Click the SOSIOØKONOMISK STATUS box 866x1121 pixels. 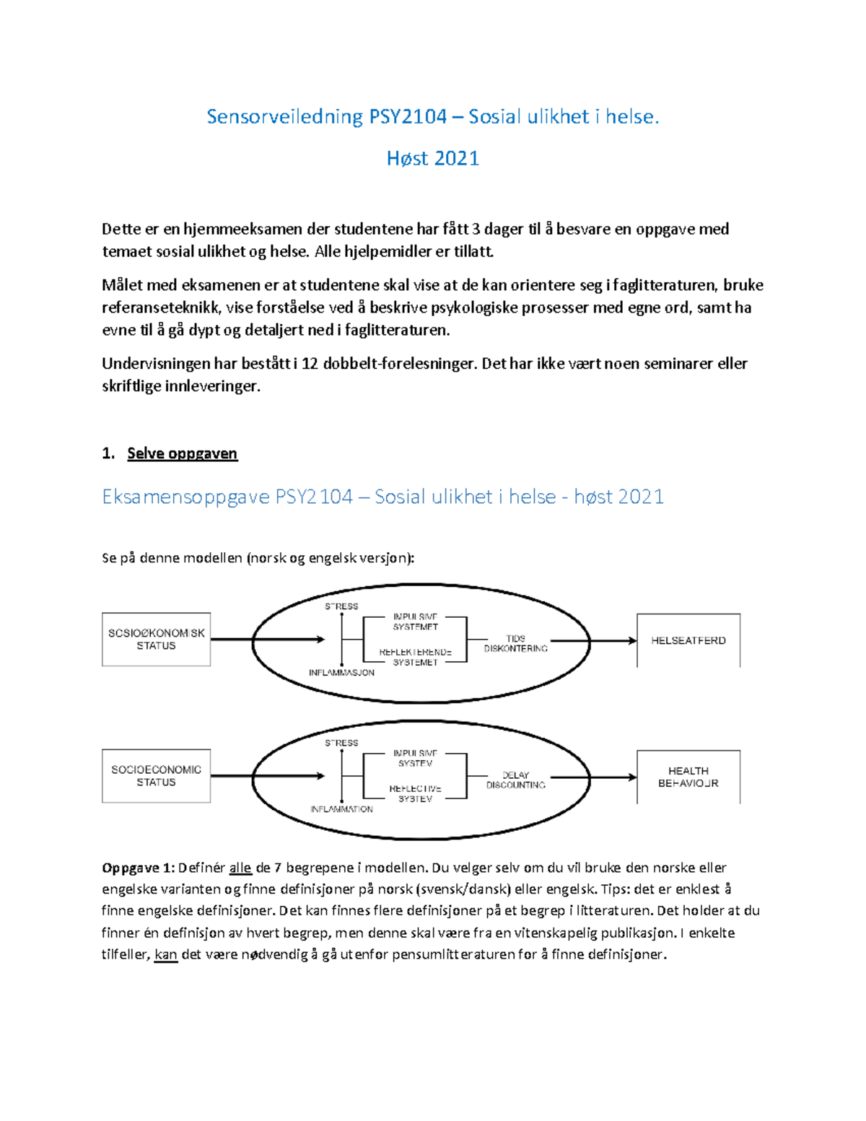click(x=156, y=640)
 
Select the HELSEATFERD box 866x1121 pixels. click(x=688, y=640)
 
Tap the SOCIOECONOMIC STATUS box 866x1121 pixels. click(x=156, y=776)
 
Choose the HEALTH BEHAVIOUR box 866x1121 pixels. click(x=688, y=777)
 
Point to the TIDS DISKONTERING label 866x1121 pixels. click(x=515, y=643)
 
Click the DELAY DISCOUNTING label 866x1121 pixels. click(x=515, y=780)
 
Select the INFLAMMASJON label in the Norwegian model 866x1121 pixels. click(x=341, y=673)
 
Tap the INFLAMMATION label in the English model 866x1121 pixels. click(x=341, y=809)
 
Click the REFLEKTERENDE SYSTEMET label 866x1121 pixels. click(x=415, y=657)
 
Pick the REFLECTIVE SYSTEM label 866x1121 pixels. click(x=415, y=793)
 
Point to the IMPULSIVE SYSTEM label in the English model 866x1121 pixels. click(x=415, y=758)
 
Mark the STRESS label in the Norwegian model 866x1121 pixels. click(x=341, y=606)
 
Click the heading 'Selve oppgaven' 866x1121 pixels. click(x=182, y=453)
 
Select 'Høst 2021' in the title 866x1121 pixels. click(x=433, y=158)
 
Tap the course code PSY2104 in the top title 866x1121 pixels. click(x=408, y=116)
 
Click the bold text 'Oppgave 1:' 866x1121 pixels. click(x=138, y=868)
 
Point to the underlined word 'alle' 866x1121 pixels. click(x=240, y=868)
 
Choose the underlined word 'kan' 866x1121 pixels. click(x=166, y=954)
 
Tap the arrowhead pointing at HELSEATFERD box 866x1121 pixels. click(x=633, y=640)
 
